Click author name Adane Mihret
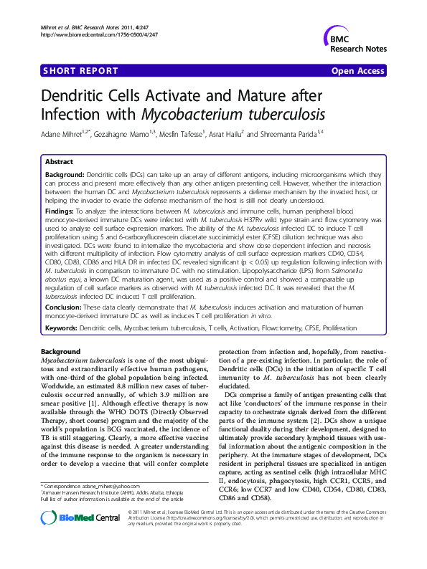point(60,133)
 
